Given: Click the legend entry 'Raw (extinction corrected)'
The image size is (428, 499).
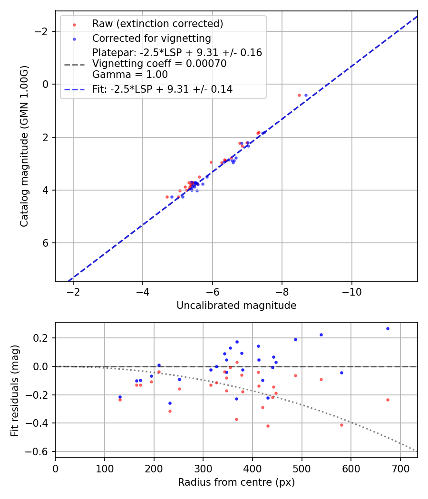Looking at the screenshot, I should coord(157,24).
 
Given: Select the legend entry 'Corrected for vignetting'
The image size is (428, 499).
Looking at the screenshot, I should coord(151,38).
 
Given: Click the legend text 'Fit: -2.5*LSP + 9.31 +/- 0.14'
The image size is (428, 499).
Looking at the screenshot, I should coord(162,89).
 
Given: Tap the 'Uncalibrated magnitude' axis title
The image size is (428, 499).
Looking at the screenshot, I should coord(236,306).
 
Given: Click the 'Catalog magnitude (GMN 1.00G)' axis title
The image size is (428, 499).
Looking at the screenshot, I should coord(24,146).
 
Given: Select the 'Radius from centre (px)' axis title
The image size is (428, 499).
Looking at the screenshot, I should coord(236,482).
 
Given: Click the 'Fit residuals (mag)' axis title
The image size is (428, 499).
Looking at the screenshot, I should coord(15,391).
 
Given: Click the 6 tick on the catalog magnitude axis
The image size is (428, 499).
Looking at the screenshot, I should coord(46,243).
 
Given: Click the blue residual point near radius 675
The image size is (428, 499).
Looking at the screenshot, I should coord(388,328).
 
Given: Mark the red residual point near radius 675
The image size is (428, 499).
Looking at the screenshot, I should coord(388,400).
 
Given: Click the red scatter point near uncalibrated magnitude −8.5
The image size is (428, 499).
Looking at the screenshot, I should coord(299,95).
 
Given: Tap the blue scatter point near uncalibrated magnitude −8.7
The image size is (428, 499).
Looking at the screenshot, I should coord(306,95).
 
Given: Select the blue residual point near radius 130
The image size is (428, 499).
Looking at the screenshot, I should coord(120,397).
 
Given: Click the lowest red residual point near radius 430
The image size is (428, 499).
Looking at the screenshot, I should coord(268,426).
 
